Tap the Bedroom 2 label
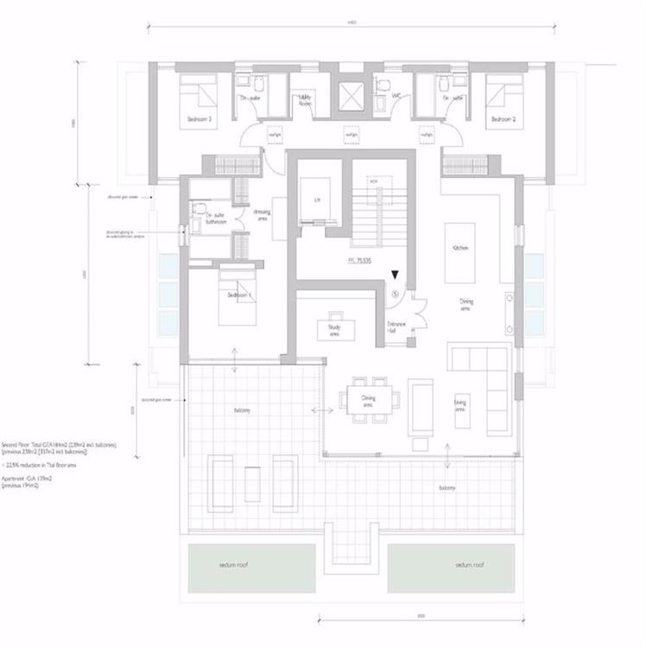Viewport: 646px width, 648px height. (503, 119)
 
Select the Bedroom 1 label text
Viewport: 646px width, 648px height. (238, 295)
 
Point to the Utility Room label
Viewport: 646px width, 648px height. (306, 102)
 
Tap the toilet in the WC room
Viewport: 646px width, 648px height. (381, 85)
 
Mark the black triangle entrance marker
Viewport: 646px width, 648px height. (395, 275)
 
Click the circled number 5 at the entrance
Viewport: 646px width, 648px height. (395, 293)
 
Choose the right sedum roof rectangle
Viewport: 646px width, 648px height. (451, 565)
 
